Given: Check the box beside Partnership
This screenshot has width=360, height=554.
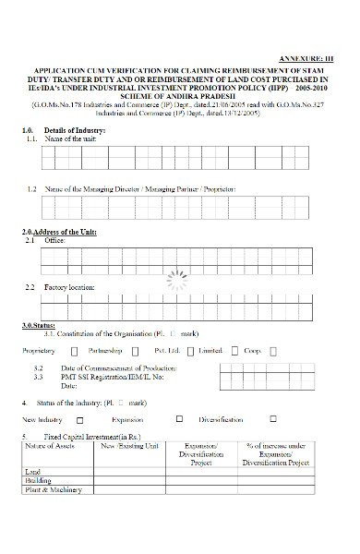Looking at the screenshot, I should click(x=135, y=351).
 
